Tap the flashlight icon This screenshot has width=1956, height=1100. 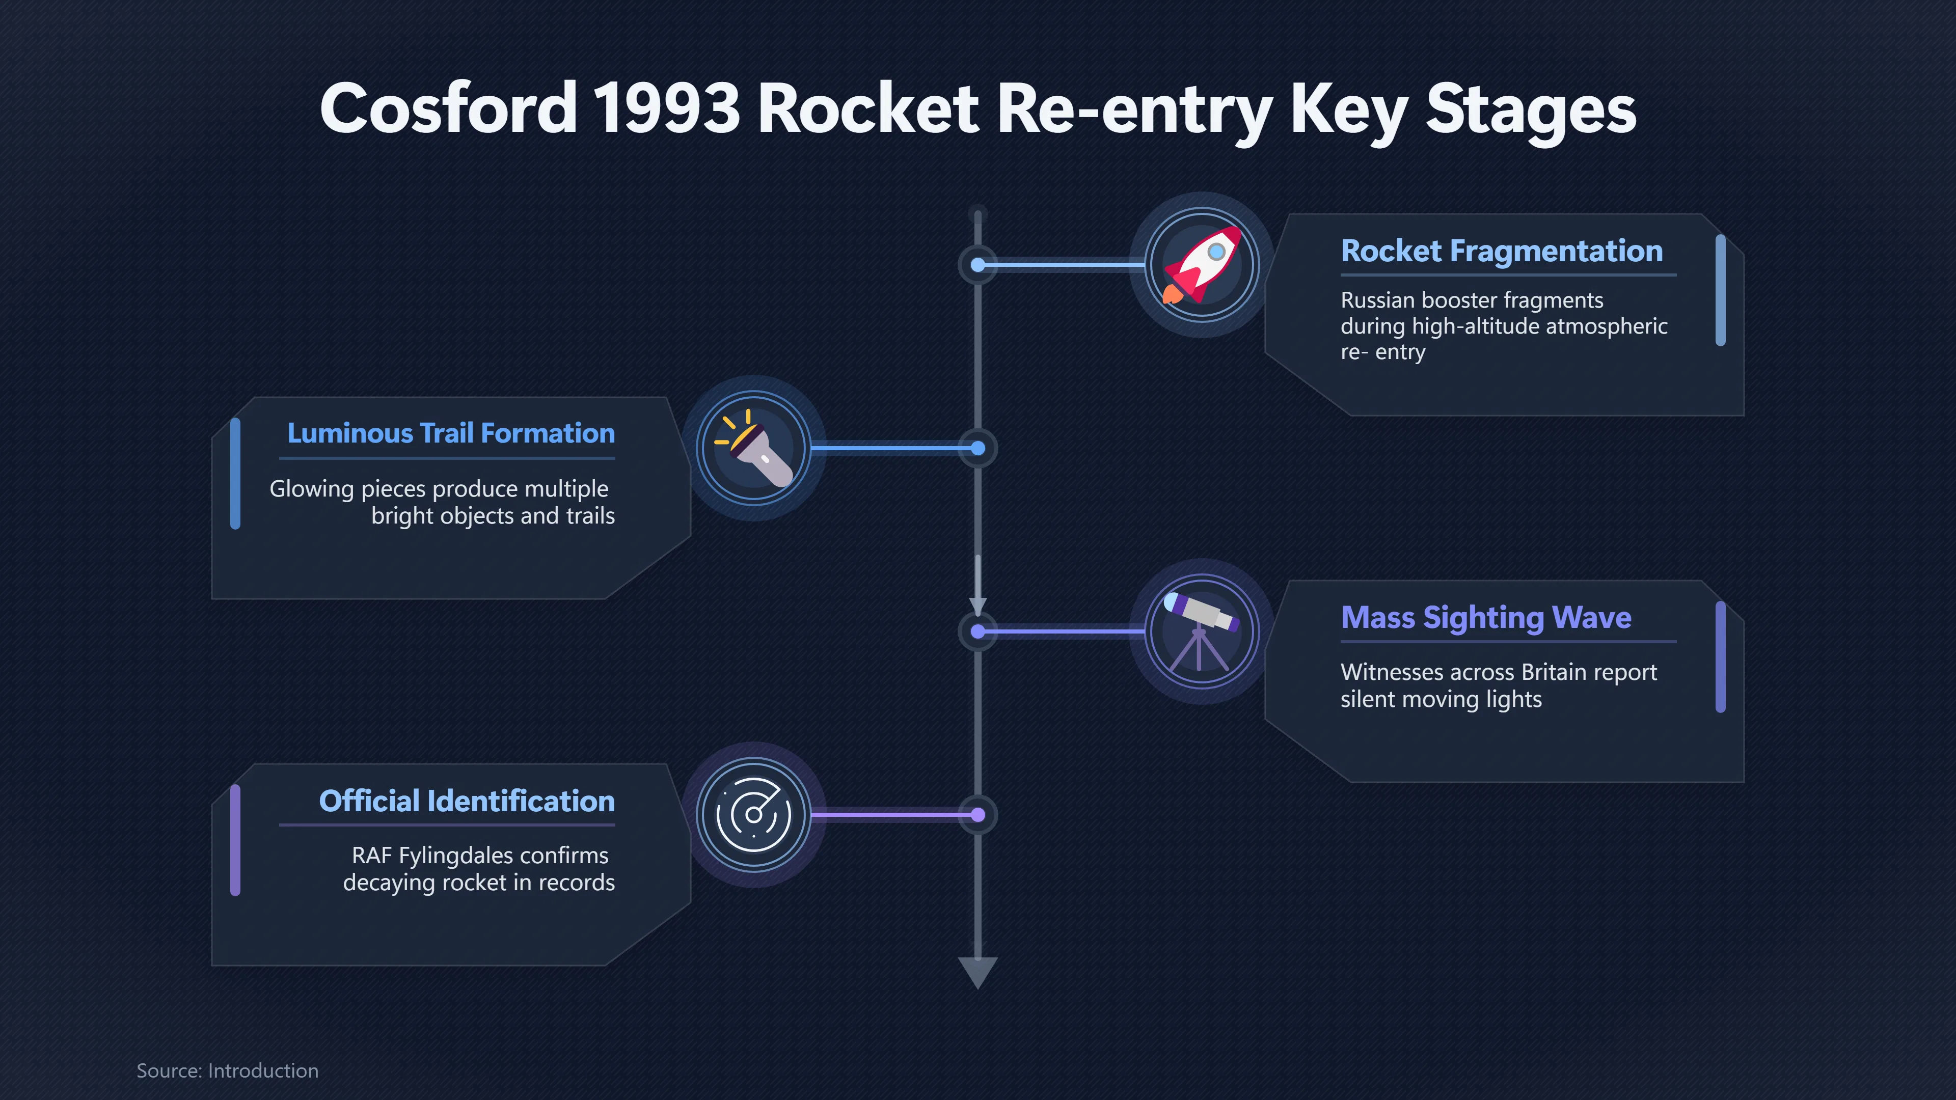(753, 448)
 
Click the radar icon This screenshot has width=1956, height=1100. (753, 815)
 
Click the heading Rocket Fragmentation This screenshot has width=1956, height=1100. (1501, 251)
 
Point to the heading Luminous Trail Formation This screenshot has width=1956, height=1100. (451, 433)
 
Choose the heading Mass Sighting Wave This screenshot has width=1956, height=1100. (1486, 618)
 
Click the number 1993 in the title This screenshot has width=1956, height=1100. (666, 108)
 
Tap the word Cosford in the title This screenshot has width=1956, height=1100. (449, 108)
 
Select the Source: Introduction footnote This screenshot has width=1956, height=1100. (227, 1070)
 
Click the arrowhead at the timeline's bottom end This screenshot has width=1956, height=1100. (978, 973)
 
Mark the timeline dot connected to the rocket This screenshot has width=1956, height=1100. (978, 265)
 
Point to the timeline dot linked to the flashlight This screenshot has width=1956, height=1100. (978, 449)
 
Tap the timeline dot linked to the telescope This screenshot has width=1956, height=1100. (978, 631)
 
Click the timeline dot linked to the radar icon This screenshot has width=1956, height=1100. (978, 815)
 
